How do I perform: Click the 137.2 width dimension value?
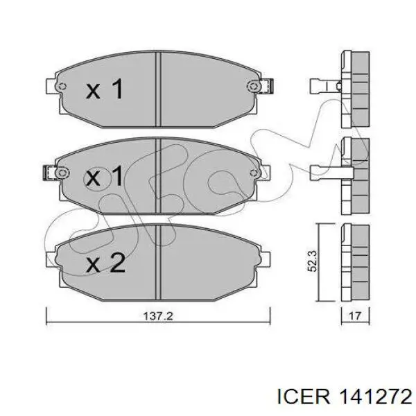158,316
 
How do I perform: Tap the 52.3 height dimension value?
312,261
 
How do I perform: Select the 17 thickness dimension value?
355,316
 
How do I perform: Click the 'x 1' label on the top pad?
105,89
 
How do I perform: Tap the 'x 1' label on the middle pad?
104,175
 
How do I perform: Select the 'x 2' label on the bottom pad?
105,262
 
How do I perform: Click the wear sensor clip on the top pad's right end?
268,86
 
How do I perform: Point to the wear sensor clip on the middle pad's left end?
49,173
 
